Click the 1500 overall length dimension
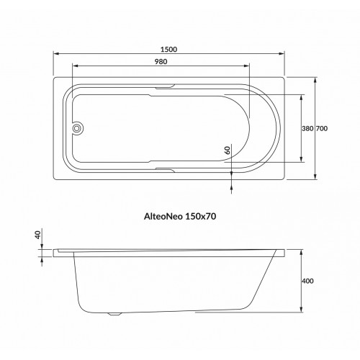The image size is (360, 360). [x=170, y=50]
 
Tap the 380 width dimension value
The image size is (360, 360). [x=307, y=128]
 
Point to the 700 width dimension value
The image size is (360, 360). [x=323, y=128]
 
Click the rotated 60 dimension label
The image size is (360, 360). [x=227, y=150]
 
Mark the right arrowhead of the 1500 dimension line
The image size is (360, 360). [x=282, y=55]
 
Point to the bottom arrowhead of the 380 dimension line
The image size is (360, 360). [x=300, y=161]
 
